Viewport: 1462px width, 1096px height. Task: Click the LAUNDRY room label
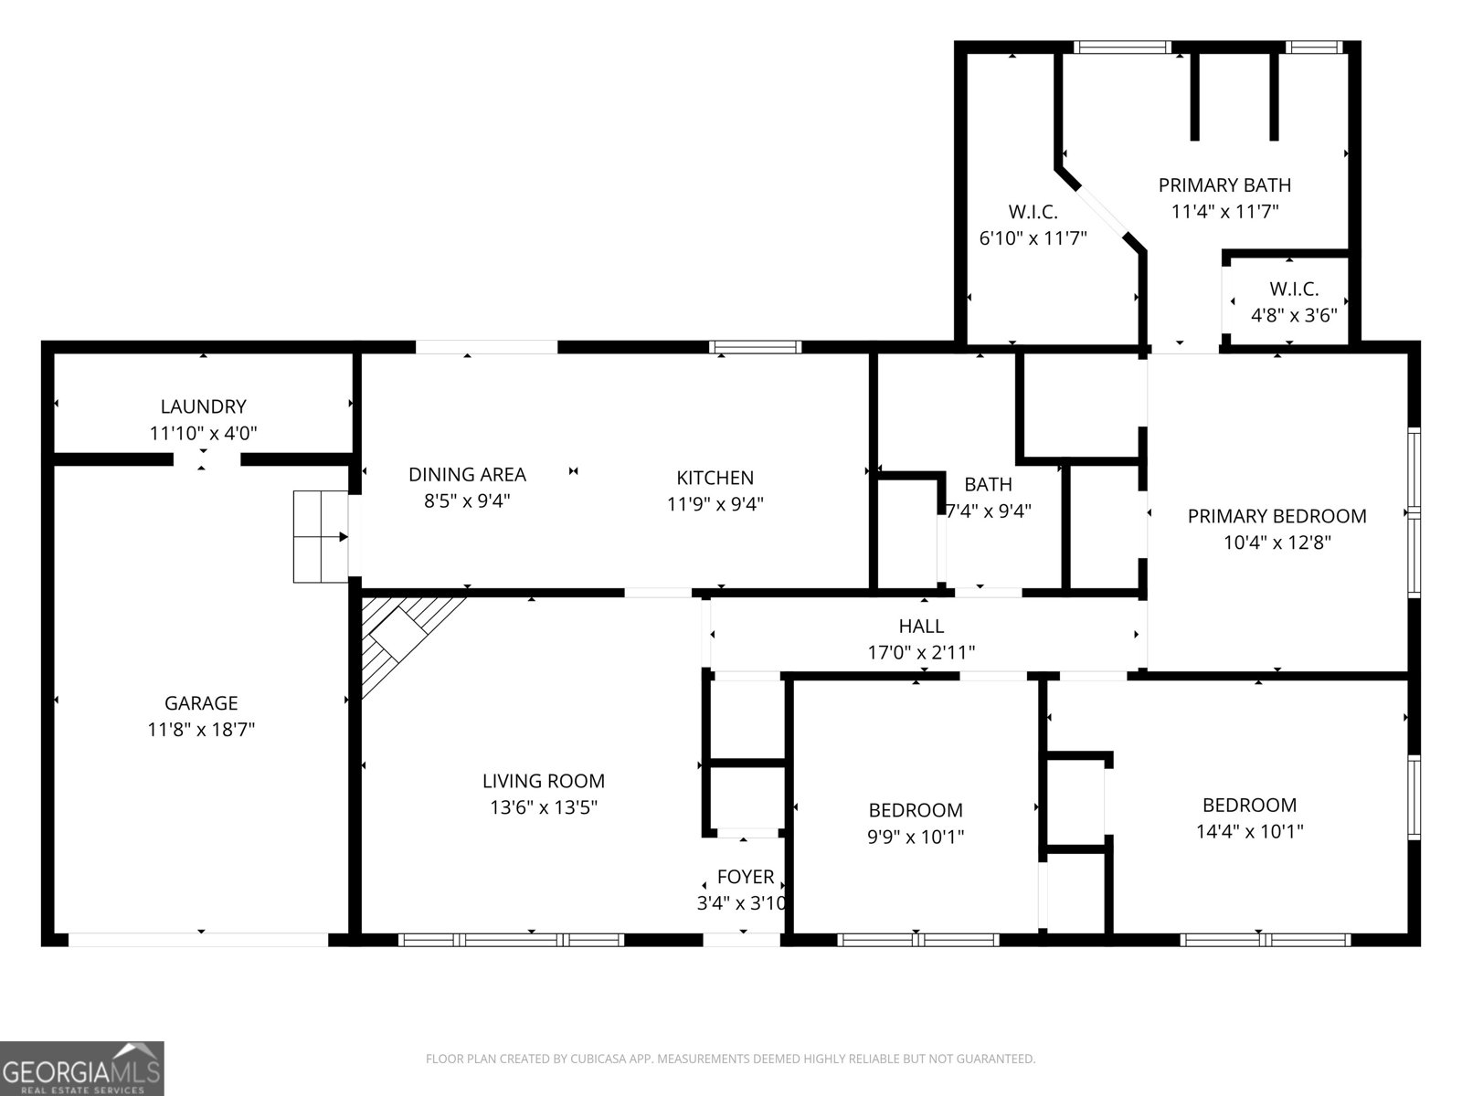click(203, 406)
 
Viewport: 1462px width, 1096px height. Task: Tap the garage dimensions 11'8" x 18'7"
click(201, 730)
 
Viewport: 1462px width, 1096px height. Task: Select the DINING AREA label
click(467, 474)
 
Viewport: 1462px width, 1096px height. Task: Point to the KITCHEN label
click(715, 478)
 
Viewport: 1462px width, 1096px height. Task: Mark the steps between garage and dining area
click(320, 536)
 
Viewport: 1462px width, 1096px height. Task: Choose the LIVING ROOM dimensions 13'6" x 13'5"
click(544, 807)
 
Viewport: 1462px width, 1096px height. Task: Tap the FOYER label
click(745, 877)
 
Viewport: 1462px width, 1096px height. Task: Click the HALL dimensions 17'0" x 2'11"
click(921, 652)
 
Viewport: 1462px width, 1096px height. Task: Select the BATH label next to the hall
click(988, 484)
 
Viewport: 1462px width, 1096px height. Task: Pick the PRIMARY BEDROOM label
click(1277, 516)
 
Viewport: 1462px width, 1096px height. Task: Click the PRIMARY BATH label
click(1224, 185)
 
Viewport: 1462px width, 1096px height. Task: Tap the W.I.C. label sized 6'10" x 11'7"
click(1033, 213)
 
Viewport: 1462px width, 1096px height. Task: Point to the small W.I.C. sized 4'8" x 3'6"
click(1294, 302)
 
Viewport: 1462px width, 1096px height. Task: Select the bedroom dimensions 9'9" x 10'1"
click(915, 836)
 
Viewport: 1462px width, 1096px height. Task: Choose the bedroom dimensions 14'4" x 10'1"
click(1249, 831)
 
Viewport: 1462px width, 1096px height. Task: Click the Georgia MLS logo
click(82, 1069)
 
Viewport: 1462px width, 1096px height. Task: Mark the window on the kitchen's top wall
click(756, 347)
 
